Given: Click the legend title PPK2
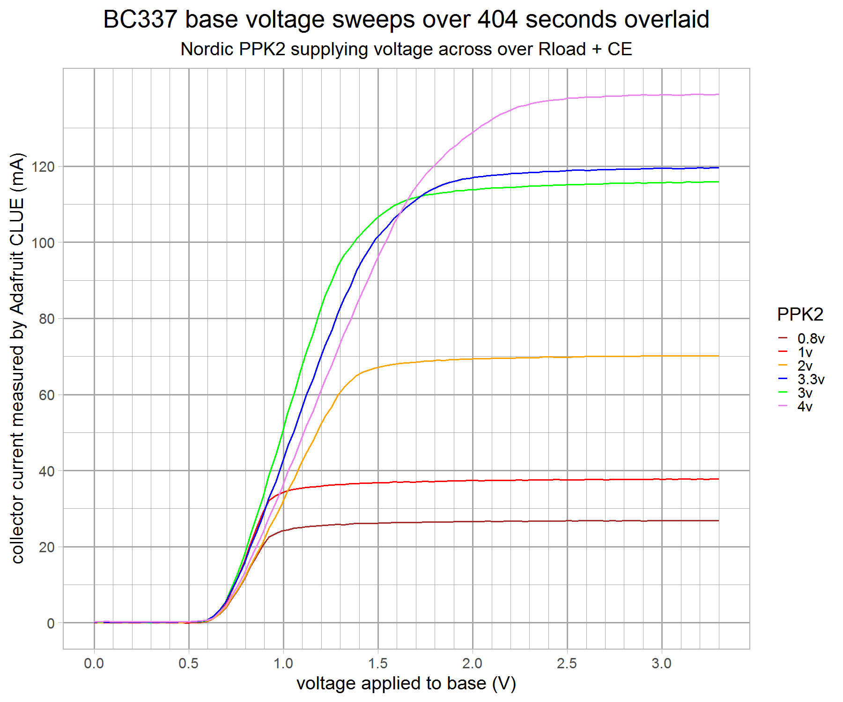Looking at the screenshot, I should pyautogui.click(x=800, y=314).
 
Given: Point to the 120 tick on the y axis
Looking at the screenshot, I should pyautogui.click(x=43, y=167).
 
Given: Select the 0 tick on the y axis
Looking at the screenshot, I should pyautogui.click(x=51, y=623).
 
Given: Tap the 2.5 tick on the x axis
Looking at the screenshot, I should pyautogui.click(x=567, y=664).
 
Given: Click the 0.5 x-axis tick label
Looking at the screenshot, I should pyautogui.click(x=189, y=664).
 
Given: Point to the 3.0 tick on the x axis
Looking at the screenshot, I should pyautogui.click(x=662, y=664).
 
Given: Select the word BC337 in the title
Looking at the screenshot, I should pyautogui.click(x=140, y=20).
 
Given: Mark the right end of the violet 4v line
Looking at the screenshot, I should pyautogui.click(x=718, y=95).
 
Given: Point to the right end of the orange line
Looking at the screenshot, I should pyautogui.click(x=718, y=356).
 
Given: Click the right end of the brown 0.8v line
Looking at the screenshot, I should pyautogui.click(x=718, y=520).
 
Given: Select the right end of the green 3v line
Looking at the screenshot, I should pyautogui.click(x=718, y=182).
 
